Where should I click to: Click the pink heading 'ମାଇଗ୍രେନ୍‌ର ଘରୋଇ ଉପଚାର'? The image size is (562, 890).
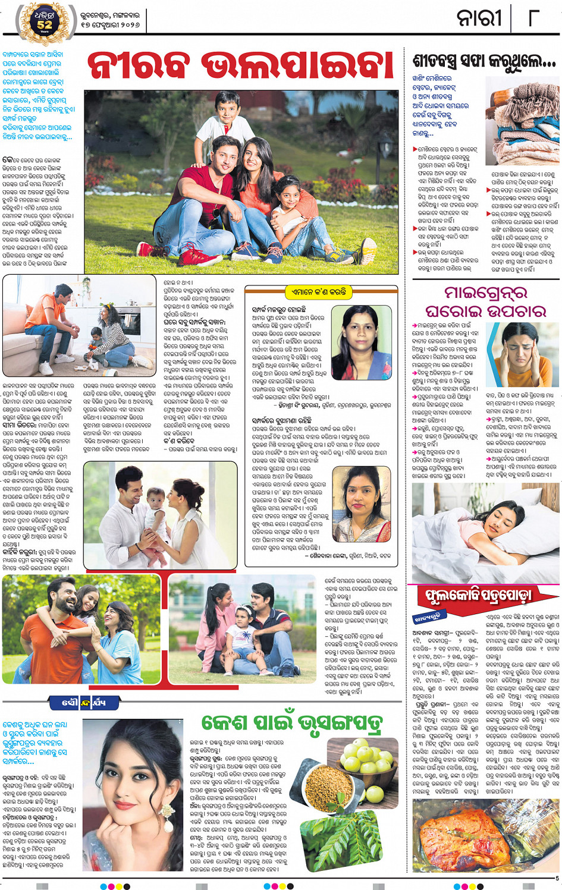point(486,301)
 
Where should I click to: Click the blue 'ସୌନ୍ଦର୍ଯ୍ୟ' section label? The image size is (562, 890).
point(84,702)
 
